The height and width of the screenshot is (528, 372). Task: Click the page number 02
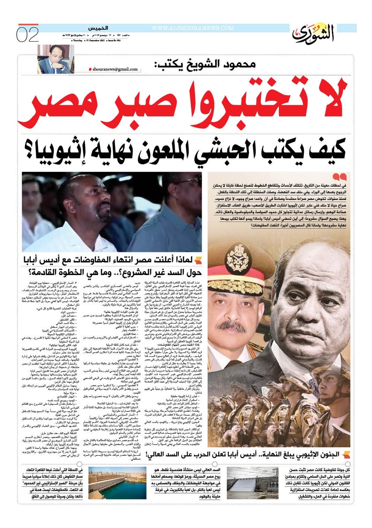coord(27,35)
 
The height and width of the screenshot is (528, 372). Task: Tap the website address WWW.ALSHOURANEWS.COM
coord(193,28)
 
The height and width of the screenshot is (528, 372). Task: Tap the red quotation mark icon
coord(339,177)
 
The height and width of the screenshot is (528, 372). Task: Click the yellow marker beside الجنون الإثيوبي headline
coord(347,455)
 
